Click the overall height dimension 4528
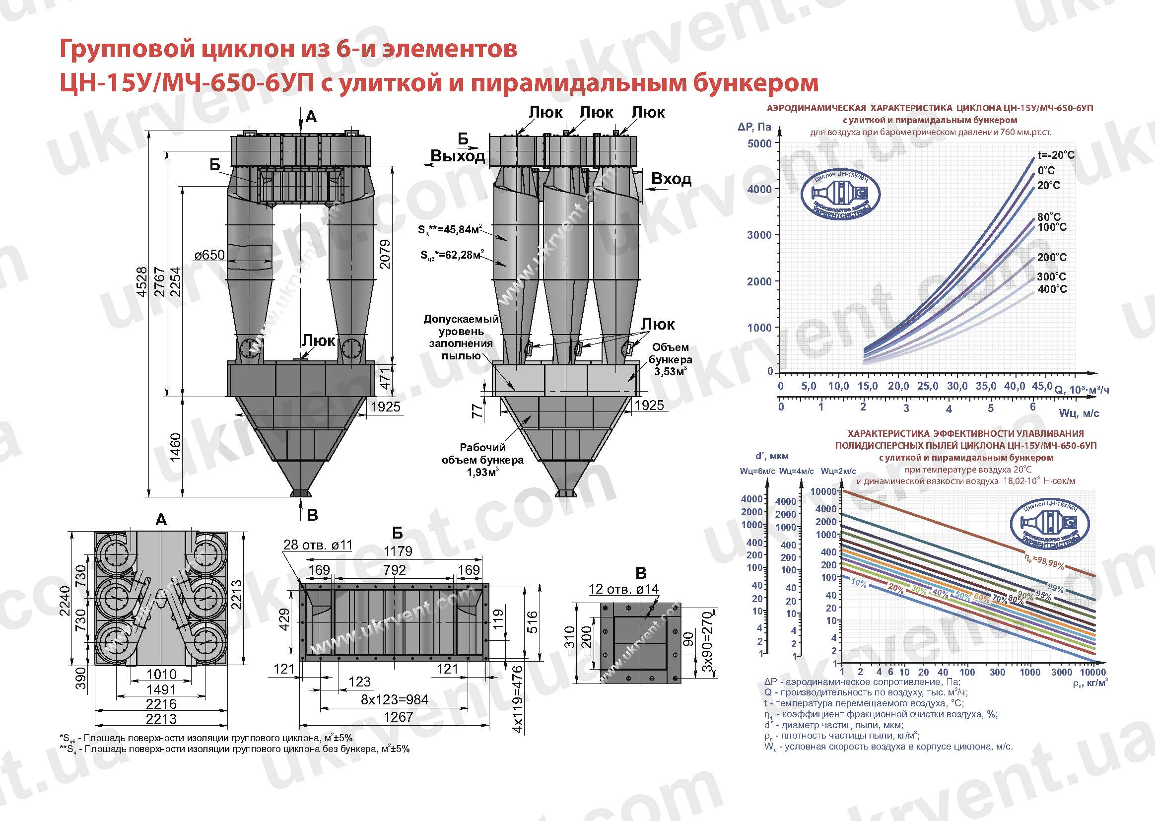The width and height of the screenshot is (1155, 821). pos(142,281)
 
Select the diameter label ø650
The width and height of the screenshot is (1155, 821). pos(209,255)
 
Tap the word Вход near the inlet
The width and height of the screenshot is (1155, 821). pos(671,179)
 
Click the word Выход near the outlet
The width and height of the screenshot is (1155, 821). pos(457,156)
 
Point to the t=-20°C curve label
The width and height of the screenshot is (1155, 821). pos(1055,155)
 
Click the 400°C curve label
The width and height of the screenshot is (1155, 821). pos(1052,289)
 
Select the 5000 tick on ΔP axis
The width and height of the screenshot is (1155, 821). pos(759,143)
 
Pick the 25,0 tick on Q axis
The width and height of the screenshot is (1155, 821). pos(927,386)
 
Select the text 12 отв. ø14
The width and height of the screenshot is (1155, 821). pos(624,589)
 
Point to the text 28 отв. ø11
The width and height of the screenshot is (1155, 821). pos(318,545)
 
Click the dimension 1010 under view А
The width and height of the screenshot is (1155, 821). pos(161,674)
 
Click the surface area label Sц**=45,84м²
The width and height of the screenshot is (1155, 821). pos(447,230)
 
